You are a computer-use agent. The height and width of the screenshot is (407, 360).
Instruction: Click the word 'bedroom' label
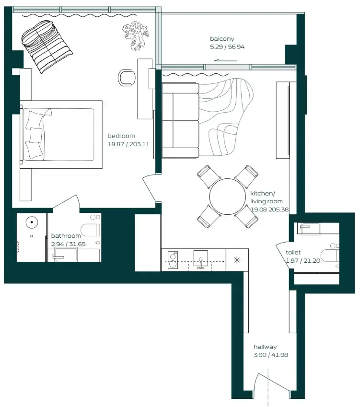click(x=121, y=136)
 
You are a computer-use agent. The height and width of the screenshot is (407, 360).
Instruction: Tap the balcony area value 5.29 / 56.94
click(x=224, y=47)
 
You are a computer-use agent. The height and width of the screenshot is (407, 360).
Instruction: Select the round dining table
click(x=228, y=197)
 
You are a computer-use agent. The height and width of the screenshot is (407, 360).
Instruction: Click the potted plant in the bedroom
click(x=136, y=36)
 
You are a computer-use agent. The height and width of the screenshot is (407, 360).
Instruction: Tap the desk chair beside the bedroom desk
click(x=126, y=78)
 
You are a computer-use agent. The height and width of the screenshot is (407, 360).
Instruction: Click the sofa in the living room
click(x=180, y=120)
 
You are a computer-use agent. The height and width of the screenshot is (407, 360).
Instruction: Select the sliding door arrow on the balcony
click(x=225, y=60)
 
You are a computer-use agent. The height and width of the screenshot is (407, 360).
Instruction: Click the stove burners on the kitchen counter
click(x=173, y=259)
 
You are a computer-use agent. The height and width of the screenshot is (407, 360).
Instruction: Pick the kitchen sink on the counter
click(x=200, y=259)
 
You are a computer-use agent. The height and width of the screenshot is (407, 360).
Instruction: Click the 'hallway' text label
click(x=265, y=347)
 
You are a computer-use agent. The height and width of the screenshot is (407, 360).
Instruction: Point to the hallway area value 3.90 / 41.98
click(x=270, y=355)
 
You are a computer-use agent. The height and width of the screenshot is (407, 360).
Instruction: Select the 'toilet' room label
click(x=293, y=252)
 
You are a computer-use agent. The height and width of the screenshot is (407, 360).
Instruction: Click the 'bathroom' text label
click(x=66, y=236)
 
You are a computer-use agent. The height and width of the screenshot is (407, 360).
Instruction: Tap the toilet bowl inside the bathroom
click(x=90, y=231)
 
